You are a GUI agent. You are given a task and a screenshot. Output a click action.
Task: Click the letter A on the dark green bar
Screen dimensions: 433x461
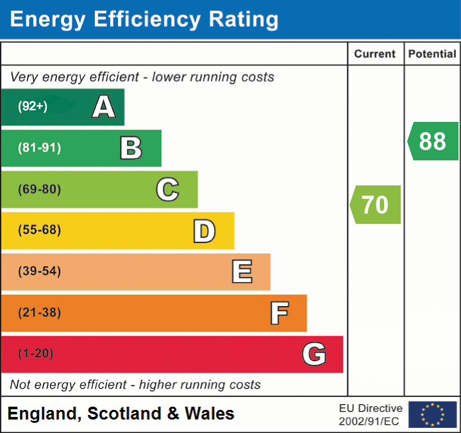tap(104, 106)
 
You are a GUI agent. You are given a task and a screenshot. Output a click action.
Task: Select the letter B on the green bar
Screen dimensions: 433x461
tap(131, 148)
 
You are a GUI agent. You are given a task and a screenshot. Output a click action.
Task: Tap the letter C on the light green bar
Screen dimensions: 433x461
tap(167, 189)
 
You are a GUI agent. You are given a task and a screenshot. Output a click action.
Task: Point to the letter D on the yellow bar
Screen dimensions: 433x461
tap(204, 231)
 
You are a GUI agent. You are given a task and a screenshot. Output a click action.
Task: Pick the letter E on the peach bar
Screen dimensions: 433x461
tap(241, 272)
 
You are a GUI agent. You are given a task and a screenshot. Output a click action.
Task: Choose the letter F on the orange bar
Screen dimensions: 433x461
tap(278, 313)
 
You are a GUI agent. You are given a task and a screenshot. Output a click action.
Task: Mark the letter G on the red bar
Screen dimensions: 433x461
tap(314, 354)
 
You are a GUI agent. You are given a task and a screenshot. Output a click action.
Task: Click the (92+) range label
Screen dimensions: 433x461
tap(33, 106)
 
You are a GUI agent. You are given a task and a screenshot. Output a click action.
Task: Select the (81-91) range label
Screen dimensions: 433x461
tap(39, 148)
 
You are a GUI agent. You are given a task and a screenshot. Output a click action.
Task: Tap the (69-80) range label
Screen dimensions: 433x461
tap(39, 189)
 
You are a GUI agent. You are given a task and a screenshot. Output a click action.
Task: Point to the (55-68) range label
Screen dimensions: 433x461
tap(39, 230)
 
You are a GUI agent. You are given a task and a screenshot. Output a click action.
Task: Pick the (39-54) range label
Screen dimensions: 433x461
tap(39, 271)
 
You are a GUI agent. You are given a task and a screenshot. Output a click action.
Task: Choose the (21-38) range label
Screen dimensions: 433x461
tap(39, 313)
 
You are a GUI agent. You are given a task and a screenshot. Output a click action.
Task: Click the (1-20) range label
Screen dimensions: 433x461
tap(36, 354)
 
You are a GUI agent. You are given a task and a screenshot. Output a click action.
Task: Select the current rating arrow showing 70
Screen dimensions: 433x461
tap(375, 205)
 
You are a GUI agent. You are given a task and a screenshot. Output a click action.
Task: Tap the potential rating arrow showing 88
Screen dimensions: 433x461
tap(433, 141)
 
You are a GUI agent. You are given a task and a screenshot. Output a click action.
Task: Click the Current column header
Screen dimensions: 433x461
tap(375, 55)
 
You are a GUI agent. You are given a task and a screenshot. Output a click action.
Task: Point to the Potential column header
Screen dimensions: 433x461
tap(432, 55)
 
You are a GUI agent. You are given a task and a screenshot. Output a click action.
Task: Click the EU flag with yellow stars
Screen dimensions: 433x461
tap(432, 414)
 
